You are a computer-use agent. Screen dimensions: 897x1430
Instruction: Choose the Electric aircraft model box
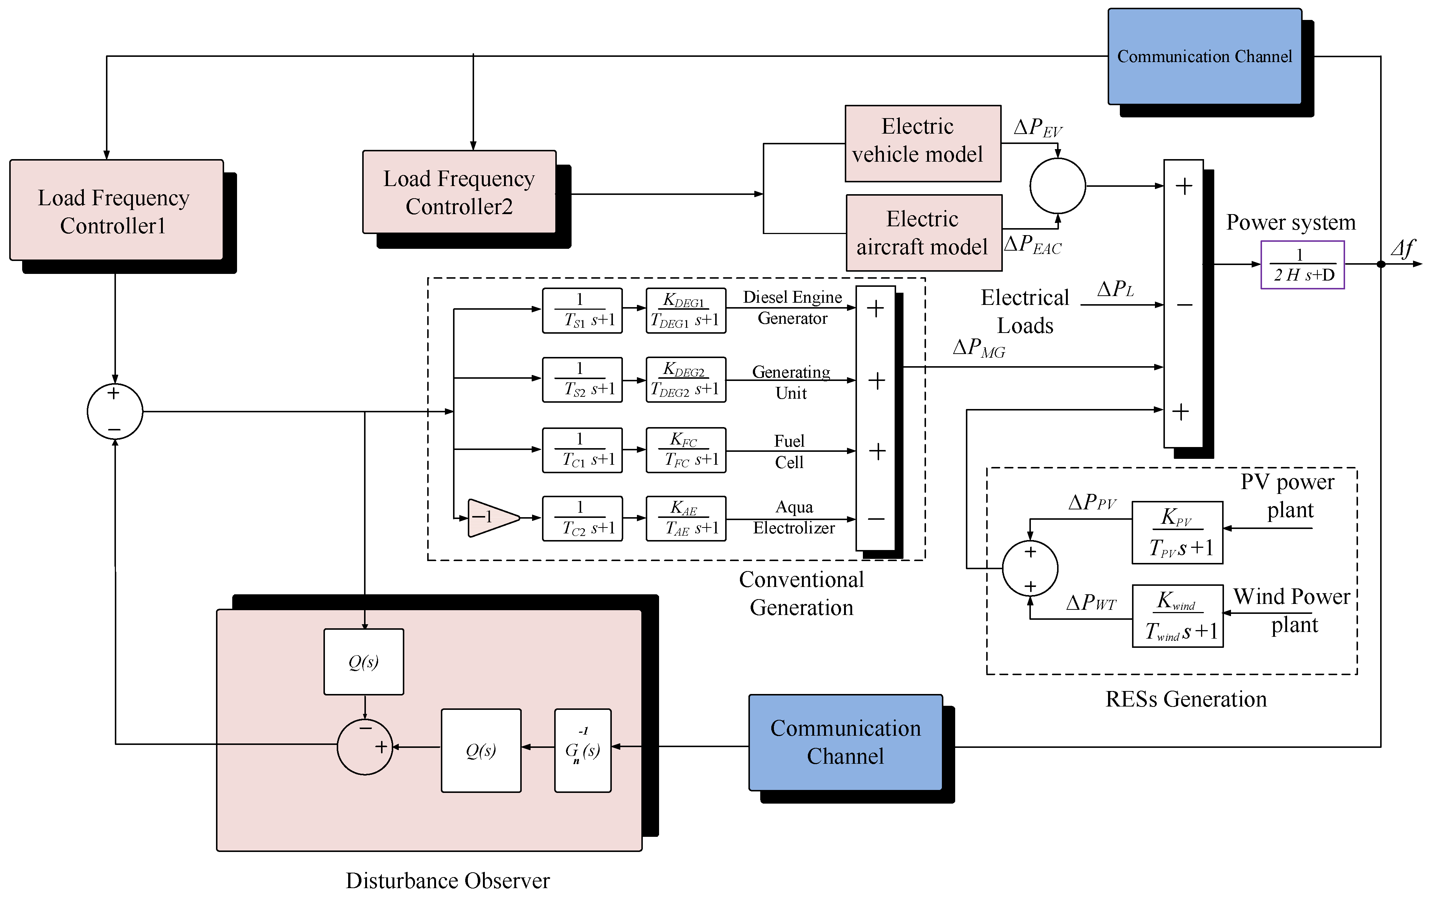[923, 233]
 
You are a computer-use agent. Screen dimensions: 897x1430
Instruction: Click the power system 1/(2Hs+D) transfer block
[1302, 265]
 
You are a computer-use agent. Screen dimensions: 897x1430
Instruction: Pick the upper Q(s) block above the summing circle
[363, 661]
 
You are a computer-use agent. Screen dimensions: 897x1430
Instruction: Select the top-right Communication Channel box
[1204, 56]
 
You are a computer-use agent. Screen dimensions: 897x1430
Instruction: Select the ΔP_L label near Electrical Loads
[1115, 289]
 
